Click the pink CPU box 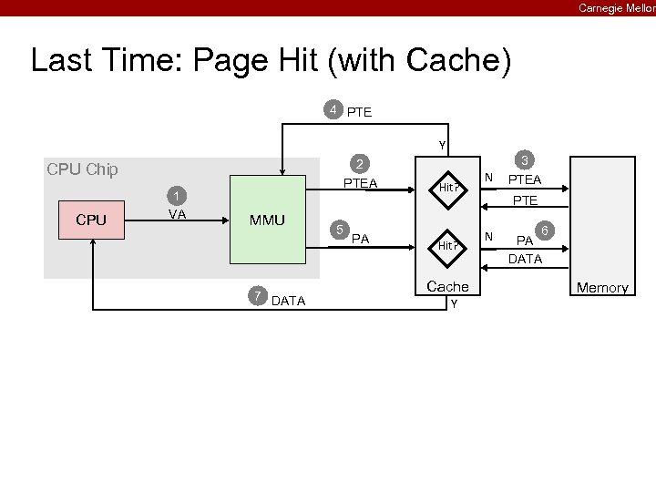[x=91, y=220]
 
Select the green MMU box [x=268, y=220]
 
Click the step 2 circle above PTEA [x=361, y=165]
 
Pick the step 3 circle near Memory [x=524, y=157]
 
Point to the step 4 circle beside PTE [x=334, y=110]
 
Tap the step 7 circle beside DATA [x=259, y=294]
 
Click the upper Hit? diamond [x=446, y=187]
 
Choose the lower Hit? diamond [x=446, y=245]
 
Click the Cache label [x=447, y=286]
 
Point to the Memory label [x=601, y=288]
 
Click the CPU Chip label [x=82, y=169]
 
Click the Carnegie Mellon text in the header [x=616, y=7]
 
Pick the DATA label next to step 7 [x=289, y=301]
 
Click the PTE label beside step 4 [x=360, y=112]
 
